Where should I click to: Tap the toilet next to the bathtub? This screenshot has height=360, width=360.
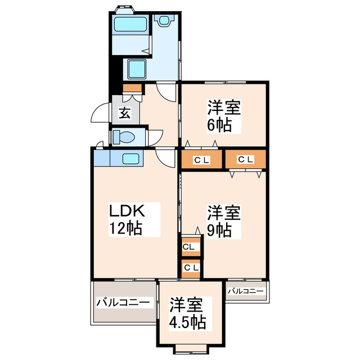[x=164, y=20]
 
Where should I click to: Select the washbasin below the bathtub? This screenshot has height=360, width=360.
[x=137, y=69]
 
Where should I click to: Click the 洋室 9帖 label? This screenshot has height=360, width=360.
[x=223, y=222]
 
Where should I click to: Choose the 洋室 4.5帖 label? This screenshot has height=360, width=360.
[x=188, y=314]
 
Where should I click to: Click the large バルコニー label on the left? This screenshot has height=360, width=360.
[x=123, y=303]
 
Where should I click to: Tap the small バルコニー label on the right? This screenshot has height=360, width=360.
[x=245, y=291]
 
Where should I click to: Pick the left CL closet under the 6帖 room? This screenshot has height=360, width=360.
[x=201, y=160]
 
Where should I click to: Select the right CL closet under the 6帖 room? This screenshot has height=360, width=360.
[x=245, y=160]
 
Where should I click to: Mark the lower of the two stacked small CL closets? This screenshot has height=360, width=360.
[x=191, y=268]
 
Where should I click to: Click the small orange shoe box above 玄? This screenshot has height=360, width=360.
[x=133, y=88]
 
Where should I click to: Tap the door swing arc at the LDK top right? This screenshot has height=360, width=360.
[x=166, y=157]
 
